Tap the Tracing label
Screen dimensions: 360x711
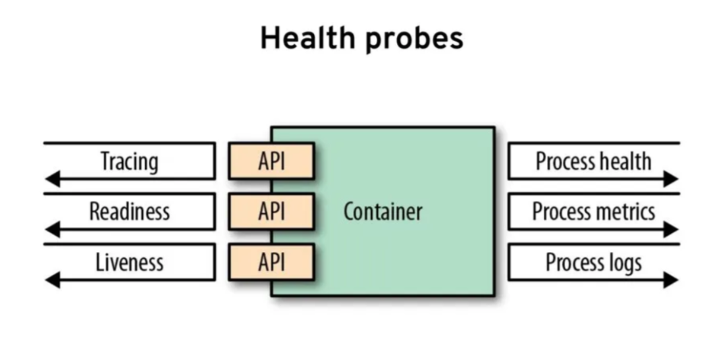point(129,161)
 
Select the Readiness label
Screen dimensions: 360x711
point(129,211)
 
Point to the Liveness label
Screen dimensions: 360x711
point(129,262)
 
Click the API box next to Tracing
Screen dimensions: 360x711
point(271,161)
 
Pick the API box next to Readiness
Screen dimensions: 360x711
point(271,211)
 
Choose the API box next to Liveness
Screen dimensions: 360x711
point(271,262)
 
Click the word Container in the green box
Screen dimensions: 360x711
point(382,212)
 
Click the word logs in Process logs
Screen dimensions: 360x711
point(624,263)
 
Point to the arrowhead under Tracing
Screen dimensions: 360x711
point(53,178)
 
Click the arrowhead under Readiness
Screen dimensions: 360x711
point(53,229)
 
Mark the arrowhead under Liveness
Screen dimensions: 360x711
point(53,280)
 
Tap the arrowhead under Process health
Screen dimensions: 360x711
point(671,178)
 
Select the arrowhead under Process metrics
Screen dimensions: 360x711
point(671,229)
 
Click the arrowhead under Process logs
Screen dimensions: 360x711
point(671,280)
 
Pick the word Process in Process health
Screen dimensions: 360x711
point(562,161)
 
